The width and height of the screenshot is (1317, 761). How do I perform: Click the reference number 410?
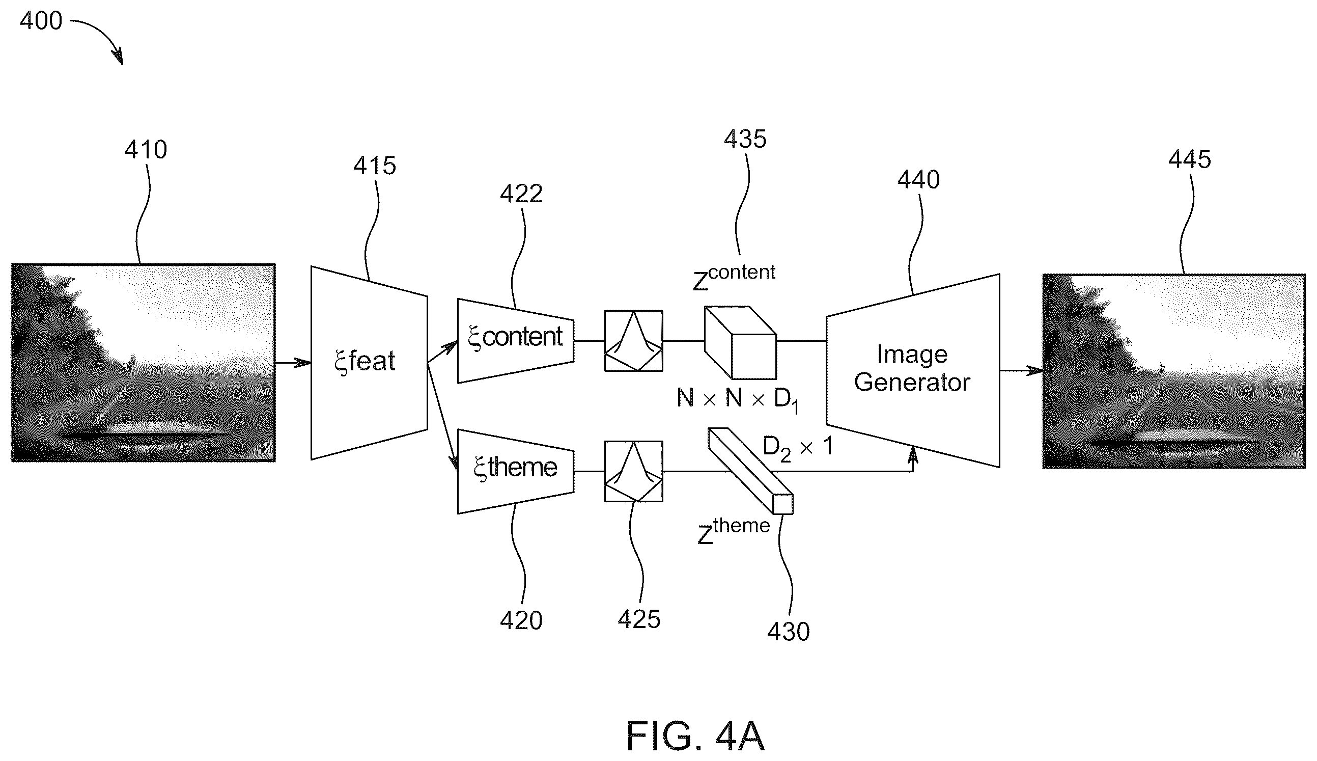(146, 149)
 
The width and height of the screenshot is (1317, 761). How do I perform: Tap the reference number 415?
(374, 166)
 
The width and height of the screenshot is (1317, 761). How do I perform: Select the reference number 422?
(521, 194)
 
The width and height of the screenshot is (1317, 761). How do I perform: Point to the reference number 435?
(745, 139)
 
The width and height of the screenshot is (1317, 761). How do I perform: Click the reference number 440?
(918, 180)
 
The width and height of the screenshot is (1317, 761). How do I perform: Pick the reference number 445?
(1190, 159)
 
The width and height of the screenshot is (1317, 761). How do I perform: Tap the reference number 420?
(521, 620)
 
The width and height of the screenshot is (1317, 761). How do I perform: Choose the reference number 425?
(639, 619)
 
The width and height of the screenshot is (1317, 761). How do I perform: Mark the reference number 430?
(789, 632)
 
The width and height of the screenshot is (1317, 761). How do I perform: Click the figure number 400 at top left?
(41, 21)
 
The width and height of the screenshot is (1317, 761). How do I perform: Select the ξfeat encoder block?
(369, 363)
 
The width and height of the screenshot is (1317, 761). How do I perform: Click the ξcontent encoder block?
(515, 341)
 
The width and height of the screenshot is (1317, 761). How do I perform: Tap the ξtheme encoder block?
(515, 472)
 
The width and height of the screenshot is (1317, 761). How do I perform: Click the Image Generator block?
(913, 370)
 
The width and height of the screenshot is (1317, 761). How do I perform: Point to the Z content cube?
(741, 342)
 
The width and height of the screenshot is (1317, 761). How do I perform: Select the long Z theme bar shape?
(750, 471)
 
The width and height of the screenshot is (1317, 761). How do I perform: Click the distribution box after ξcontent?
(633, 341)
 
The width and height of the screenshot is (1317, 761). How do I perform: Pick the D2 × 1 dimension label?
(797, 448)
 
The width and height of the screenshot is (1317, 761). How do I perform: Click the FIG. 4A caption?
(695, 736)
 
